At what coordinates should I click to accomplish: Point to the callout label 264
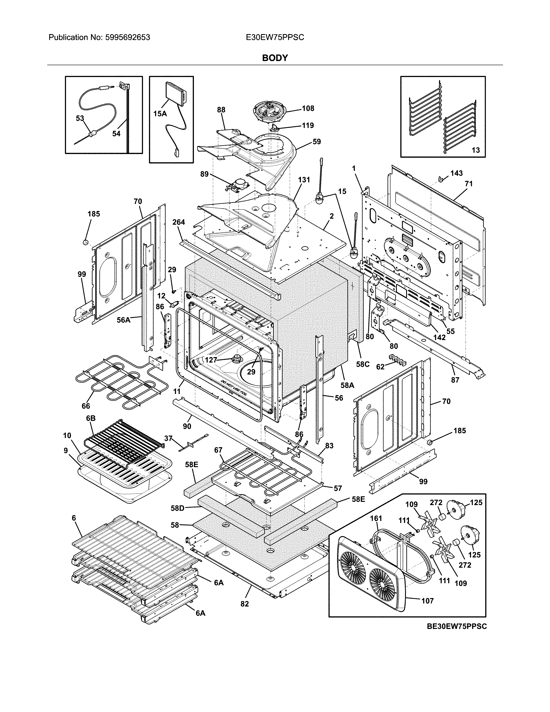pos(179,222)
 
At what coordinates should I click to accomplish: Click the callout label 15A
pos(160,114)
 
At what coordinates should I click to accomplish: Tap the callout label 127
pos(211,360)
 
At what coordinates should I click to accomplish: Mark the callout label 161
pos(376,518)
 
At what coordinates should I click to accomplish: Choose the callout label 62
pos(380,367)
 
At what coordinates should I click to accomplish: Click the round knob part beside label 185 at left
pos(85,242)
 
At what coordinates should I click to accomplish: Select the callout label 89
pos(204,174)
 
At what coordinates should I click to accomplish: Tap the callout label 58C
pos(362,364)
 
